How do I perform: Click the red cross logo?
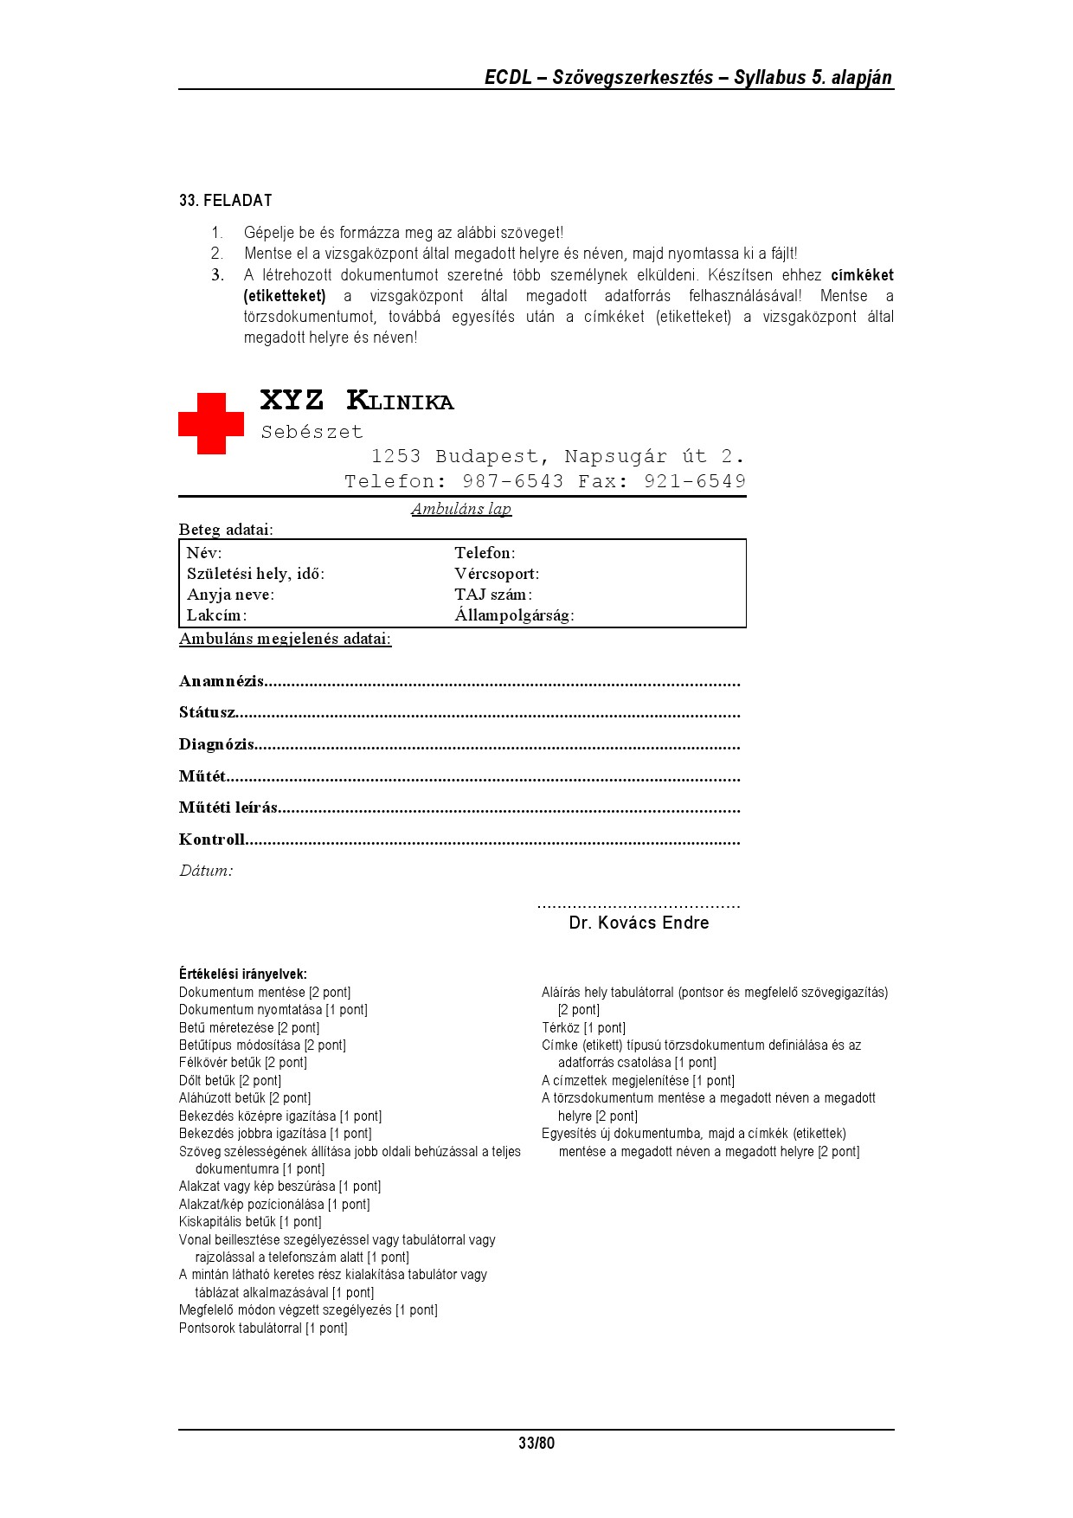click(211, 423)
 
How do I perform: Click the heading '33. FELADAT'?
click(226, 201)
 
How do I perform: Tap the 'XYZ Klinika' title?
click(357, 401)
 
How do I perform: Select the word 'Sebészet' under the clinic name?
click(312, 432)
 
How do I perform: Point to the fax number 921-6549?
click(694, 481)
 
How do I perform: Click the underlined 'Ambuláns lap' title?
click(461, 509)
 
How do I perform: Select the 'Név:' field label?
click(204, 553)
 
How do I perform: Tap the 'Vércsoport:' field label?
click(497, 574)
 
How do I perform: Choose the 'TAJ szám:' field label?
click(493, 595)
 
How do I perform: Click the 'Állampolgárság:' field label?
click(514, 615)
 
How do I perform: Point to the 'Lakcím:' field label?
click(216, 615)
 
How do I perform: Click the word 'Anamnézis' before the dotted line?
click(222, 681)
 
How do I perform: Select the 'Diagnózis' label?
click(216, 744)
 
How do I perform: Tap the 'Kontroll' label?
click(212, 839)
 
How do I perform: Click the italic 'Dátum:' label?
click(206, 871)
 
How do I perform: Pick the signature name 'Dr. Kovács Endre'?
click(639, 923)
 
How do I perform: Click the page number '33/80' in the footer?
click(536, 1443)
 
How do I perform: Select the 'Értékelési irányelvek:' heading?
click(242, 974)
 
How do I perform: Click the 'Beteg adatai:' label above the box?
click(226, 530)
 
